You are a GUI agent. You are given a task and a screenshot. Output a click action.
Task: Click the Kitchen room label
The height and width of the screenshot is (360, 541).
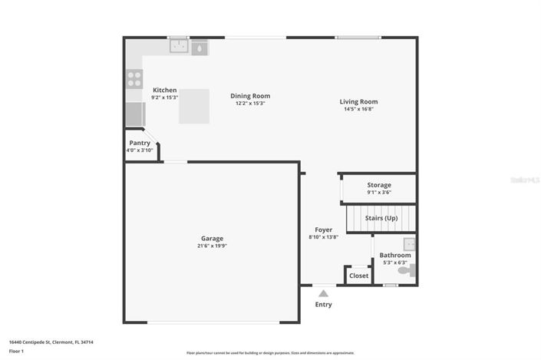tap(165, 90)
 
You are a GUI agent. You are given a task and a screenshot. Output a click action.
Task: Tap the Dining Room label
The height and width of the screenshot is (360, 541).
tap(250, 96)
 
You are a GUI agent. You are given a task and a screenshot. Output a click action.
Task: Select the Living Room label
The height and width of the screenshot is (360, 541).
tap(359, 101)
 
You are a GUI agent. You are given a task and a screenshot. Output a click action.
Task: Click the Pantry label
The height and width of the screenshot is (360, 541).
tap(140, 143)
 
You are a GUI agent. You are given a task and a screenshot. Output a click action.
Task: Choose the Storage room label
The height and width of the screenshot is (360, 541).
tap(379, 185)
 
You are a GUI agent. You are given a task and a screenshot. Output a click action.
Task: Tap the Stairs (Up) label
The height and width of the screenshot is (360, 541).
tap(381, 218)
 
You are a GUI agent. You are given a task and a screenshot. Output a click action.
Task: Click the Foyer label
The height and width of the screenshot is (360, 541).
tap(323, 230)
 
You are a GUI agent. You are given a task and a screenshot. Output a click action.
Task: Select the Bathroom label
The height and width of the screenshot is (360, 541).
tap(395, 255)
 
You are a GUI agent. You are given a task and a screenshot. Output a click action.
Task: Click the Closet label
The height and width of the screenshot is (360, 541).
tap(358, 276)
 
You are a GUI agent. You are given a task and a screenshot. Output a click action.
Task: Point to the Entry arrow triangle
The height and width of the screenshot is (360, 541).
tap(324, 292)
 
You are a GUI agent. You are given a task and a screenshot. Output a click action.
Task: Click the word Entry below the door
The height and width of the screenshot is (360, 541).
tap(324, 305)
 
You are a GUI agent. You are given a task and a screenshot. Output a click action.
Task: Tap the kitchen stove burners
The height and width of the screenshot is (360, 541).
tap(134, 78)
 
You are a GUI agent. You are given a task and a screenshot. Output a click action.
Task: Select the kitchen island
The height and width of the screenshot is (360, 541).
tap(194, 106)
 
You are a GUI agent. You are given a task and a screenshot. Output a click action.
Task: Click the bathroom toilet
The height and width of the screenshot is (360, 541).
tap(413, 269)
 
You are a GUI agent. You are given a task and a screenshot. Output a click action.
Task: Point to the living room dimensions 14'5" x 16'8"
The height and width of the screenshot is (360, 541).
tap(359, 109)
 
